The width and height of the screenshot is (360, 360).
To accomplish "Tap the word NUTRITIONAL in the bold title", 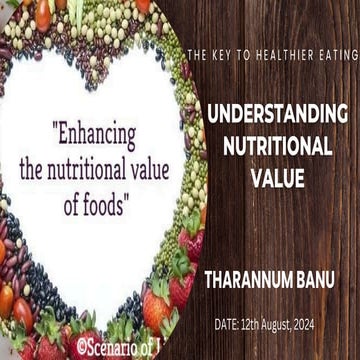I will (x=277, y=146).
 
